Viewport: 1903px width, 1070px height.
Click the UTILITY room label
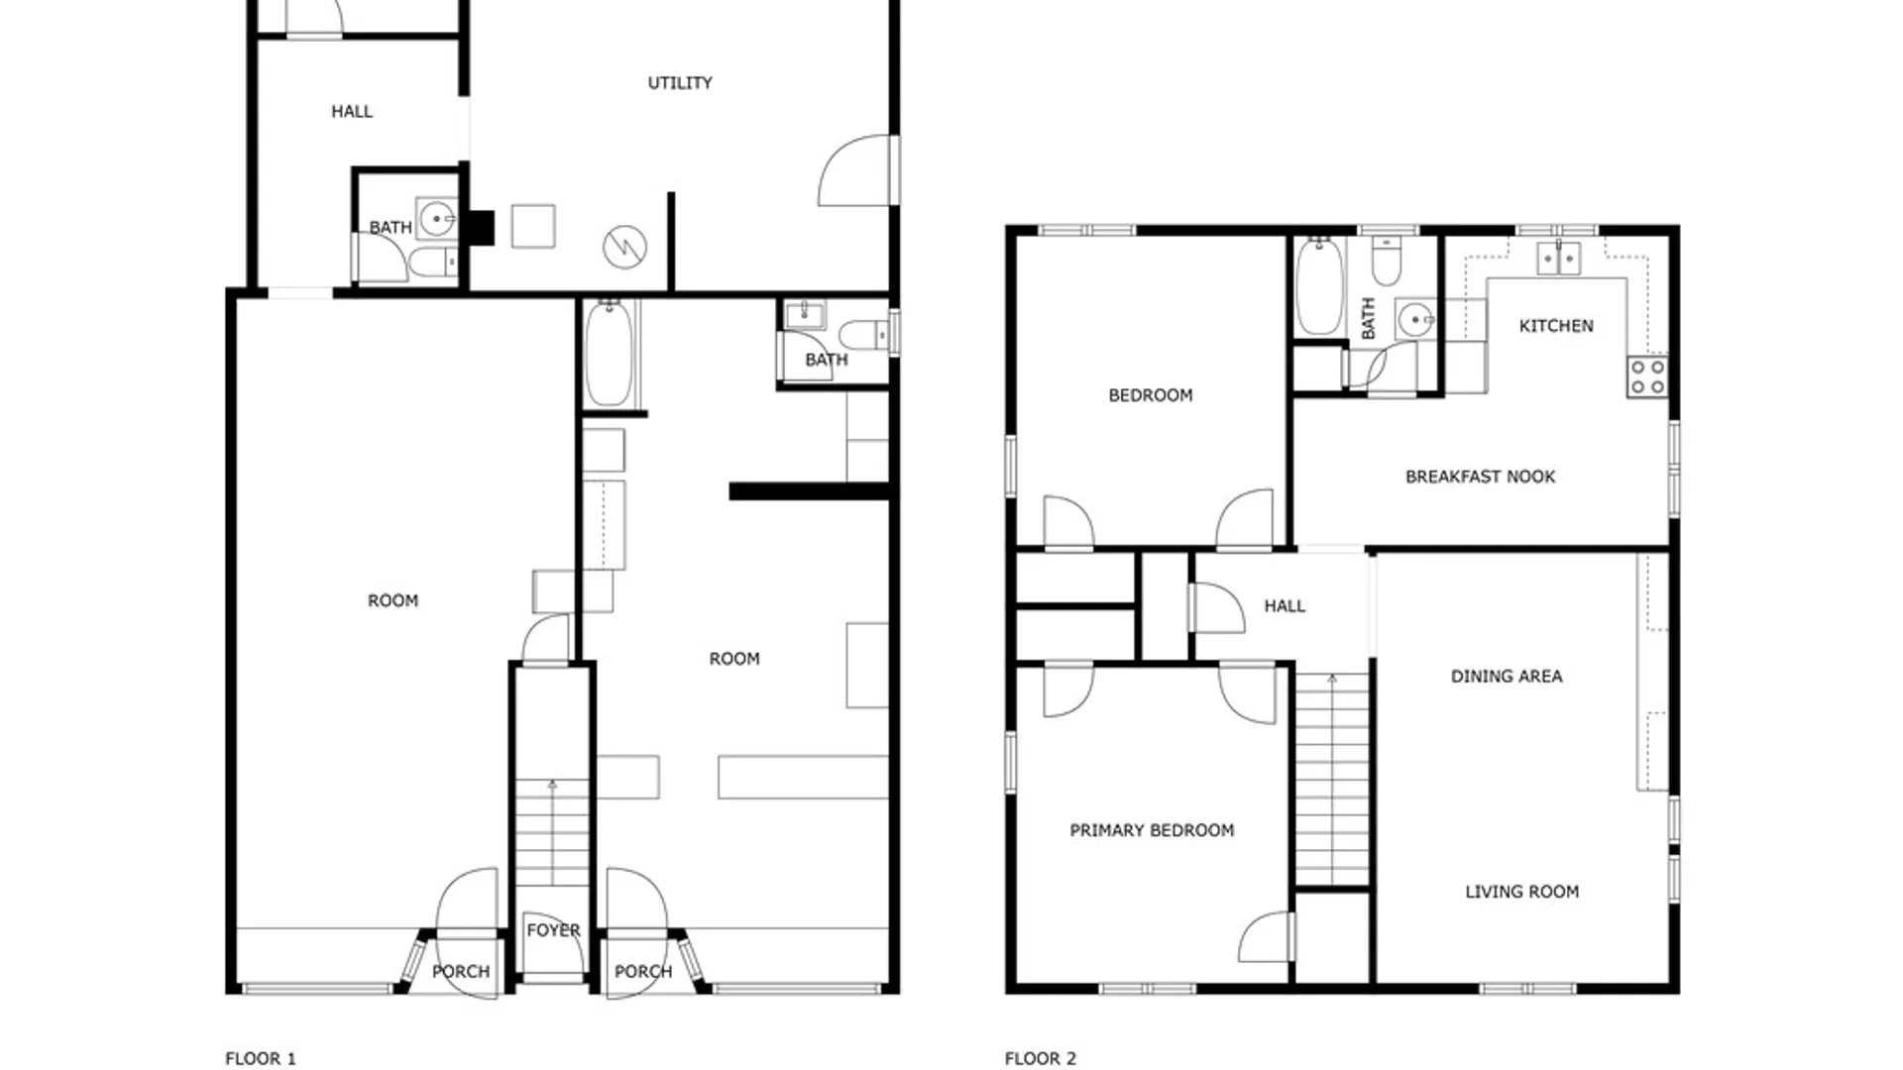[680, 83]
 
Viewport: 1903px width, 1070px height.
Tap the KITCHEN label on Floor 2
[1556, 326]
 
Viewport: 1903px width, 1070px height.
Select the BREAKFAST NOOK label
[1480, 477]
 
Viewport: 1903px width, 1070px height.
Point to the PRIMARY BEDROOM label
[1152, 830]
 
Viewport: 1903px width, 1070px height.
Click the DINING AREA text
[1507, 677]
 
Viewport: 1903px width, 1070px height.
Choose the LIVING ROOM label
[1521, 892]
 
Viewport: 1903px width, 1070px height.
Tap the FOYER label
[553, 930]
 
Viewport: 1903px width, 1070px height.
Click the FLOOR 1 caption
[261, 1059]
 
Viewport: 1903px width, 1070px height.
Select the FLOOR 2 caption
[1041, 1059]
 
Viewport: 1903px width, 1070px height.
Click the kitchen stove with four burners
[1646, 377]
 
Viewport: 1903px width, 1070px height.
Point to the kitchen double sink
[1558, 259]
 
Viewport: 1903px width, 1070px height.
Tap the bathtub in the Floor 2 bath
[1319, 286]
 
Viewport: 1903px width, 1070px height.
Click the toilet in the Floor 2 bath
[1386, 262]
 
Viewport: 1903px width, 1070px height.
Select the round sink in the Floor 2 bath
[1415, 320]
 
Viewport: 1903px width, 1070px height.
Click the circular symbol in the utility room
[625, 247]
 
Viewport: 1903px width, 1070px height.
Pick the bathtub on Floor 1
[609, 354]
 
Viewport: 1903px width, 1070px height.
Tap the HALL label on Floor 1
[352, 112]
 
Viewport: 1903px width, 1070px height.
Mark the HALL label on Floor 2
[1285, 606]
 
